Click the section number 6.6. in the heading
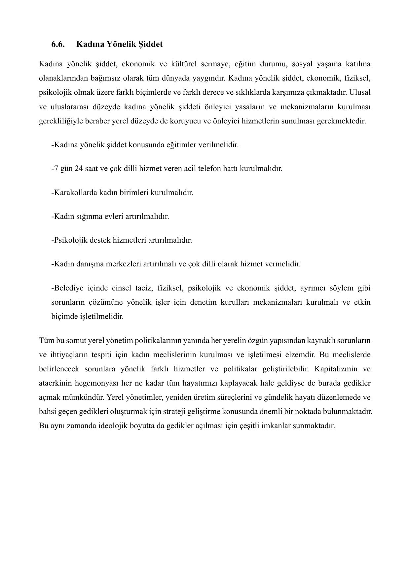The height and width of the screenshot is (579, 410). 58,44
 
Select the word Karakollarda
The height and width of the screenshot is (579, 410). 75,192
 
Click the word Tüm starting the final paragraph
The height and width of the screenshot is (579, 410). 46,340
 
